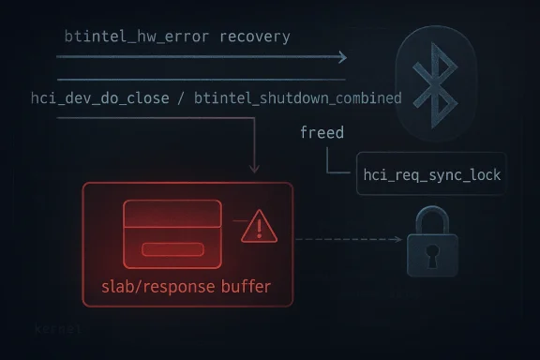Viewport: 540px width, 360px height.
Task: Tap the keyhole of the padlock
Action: pos(432,252)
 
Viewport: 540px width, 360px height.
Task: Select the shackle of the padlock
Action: pos(432,221)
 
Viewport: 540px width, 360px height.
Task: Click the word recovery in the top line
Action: pos(254,37)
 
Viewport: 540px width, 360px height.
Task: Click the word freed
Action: pos(322,132)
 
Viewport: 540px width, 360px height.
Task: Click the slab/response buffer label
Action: pos(187,285)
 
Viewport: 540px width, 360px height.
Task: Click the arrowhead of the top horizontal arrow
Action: pos(341,58)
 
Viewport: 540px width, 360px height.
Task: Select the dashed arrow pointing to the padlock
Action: pos(347,240)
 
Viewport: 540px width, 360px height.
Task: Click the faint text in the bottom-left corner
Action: pos(57,330)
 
